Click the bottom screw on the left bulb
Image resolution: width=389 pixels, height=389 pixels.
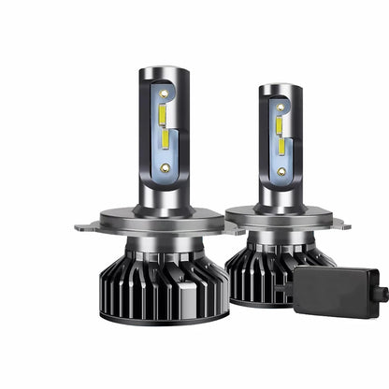click(166, 167)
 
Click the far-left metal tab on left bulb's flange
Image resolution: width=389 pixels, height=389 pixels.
click(82, 225)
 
